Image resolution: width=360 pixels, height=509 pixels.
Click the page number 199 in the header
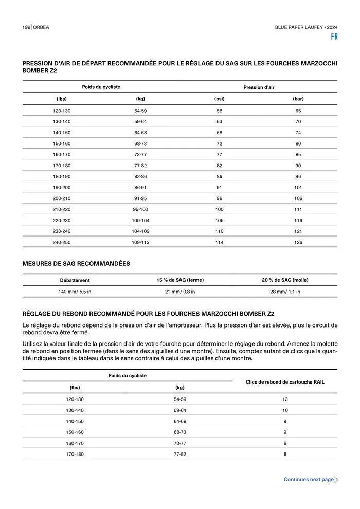coord(26,26)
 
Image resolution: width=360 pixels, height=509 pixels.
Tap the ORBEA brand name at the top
coord(43,26)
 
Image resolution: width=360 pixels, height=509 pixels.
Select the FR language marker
coord(334,37)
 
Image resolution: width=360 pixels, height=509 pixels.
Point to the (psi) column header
coord(220,98)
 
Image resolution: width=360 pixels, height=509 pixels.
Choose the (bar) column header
coord(298,98)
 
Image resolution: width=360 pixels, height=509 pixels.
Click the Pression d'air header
coord(259,87)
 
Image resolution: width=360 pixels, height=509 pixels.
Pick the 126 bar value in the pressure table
coord(298,242)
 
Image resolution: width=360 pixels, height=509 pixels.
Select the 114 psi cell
coord(220,242)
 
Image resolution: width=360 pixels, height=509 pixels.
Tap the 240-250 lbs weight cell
coord(62,242)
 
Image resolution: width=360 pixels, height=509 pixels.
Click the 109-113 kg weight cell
coord(140,242)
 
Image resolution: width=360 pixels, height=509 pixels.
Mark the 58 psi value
coord(220,111)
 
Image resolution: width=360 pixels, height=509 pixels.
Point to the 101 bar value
coord(298,187)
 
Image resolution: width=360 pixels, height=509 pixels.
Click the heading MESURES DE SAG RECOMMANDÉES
coord(76,264)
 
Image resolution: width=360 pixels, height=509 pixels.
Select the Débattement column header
coord(75,280)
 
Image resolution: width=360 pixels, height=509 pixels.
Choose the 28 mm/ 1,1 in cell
coord(285,292)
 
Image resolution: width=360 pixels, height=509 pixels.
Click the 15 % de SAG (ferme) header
coord(180,280)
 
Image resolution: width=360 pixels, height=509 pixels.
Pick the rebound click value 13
coord(285,399)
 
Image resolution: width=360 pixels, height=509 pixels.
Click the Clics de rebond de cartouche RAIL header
coord(285,382)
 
